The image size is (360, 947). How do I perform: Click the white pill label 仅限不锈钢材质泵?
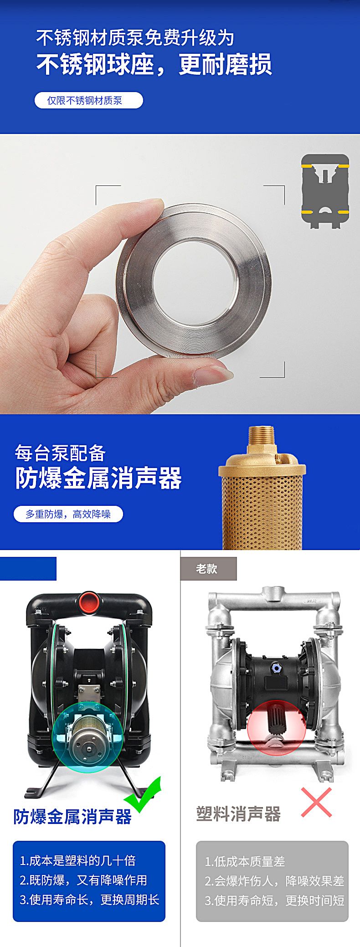pos(88,101)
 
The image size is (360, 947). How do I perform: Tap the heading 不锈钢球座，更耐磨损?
pos(154,64)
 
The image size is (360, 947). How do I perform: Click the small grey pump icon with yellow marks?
pos(325,191)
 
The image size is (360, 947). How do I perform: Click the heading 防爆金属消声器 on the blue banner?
pos(98,478)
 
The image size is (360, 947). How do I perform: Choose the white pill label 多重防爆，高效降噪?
pos(68,514)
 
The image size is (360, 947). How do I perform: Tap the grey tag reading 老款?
pos(208,569)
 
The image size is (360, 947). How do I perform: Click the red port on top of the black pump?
pos(89,602)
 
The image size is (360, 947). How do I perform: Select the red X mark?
pos(316,802)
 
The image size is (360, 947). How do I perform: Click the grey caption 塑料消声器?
pos(238,813)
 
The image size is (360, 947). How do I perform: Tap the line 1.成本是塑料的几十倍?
pos(78,860)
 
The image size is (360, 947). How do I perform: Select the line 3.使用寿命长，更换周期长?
pos(89,900)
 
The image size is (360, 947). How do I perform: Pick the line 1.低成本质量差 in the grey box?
pos(245,861)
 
